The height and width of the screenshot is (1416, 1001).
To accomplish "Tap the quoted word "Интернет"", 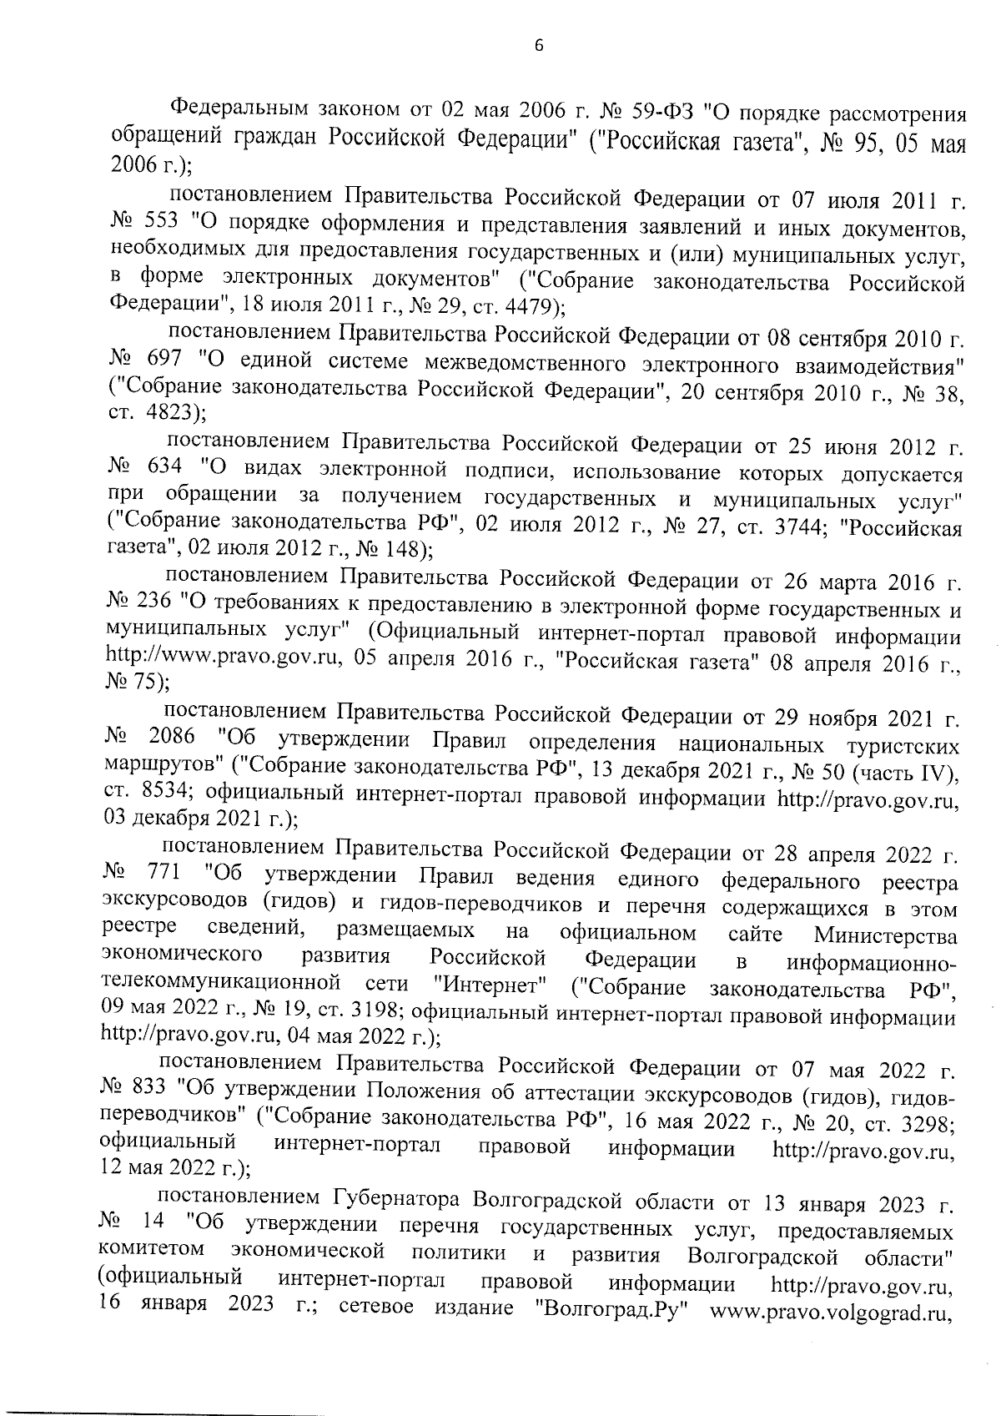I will pyautogui.click(x=490, y=985).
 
